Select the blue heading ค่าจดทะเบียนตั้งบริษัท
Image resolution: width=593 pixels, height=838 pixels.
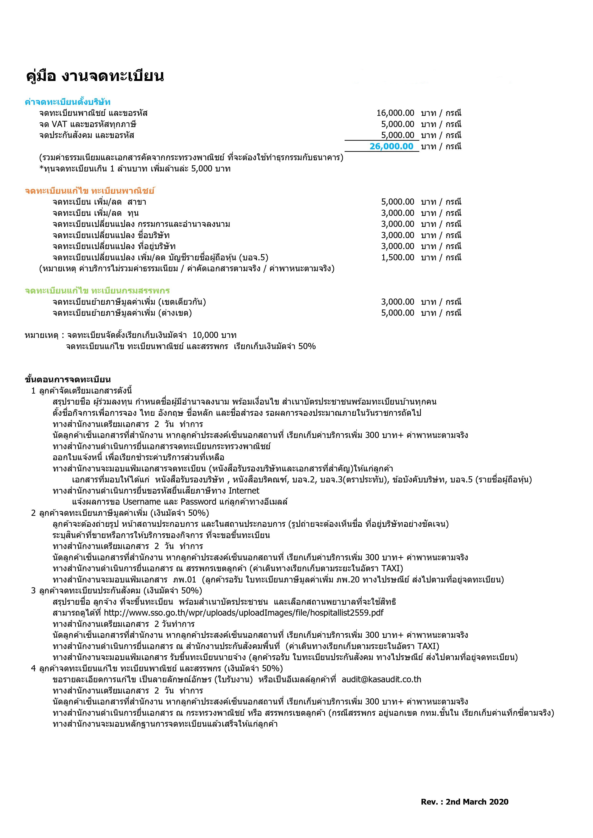coord(68,102)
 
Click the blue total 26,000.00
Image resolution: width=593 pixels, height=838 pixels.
coord(391,146)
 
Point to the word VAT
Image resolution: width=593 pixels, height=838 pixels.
coord(60,124)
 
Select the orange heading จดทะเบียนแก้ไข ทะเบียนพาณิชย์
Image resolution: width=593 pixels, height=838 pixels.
coord(90,191)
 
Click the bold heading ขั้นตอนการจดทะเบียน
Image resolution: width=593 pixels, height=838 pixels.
coord(68,379)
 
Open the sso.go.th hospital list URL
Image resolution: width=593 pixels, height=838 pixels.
coord(244,613)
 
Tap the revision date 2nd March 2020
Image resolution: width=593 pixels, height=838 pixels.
coord(477,802)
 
